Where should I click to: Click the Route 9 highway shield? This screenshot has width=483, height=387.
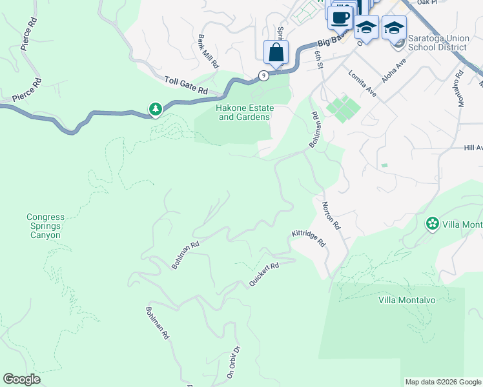click(263, 75)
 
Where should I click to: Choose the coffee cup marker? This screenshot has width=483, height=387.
click(340, 17)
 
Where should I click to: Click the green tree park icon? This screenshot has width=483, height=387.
click(155, 110)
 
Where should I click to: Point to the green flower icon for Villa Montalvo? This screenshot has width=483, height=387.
click(432, 224)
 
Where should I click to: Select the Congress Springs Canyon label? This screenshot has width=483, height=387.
click(45, 226)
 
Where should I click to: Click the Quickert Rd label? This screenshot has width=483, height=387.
click(263, 274)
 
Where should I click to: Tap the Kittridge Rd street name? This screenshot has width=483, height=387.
click(309, 238)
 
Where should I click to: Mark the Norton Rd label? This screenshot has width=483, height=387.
click(331, 215)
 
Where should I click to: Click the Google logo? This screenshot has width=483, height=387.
click(21, 379)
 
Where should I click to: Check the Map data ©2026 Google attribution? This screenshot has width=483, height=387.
click(442, 382)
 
